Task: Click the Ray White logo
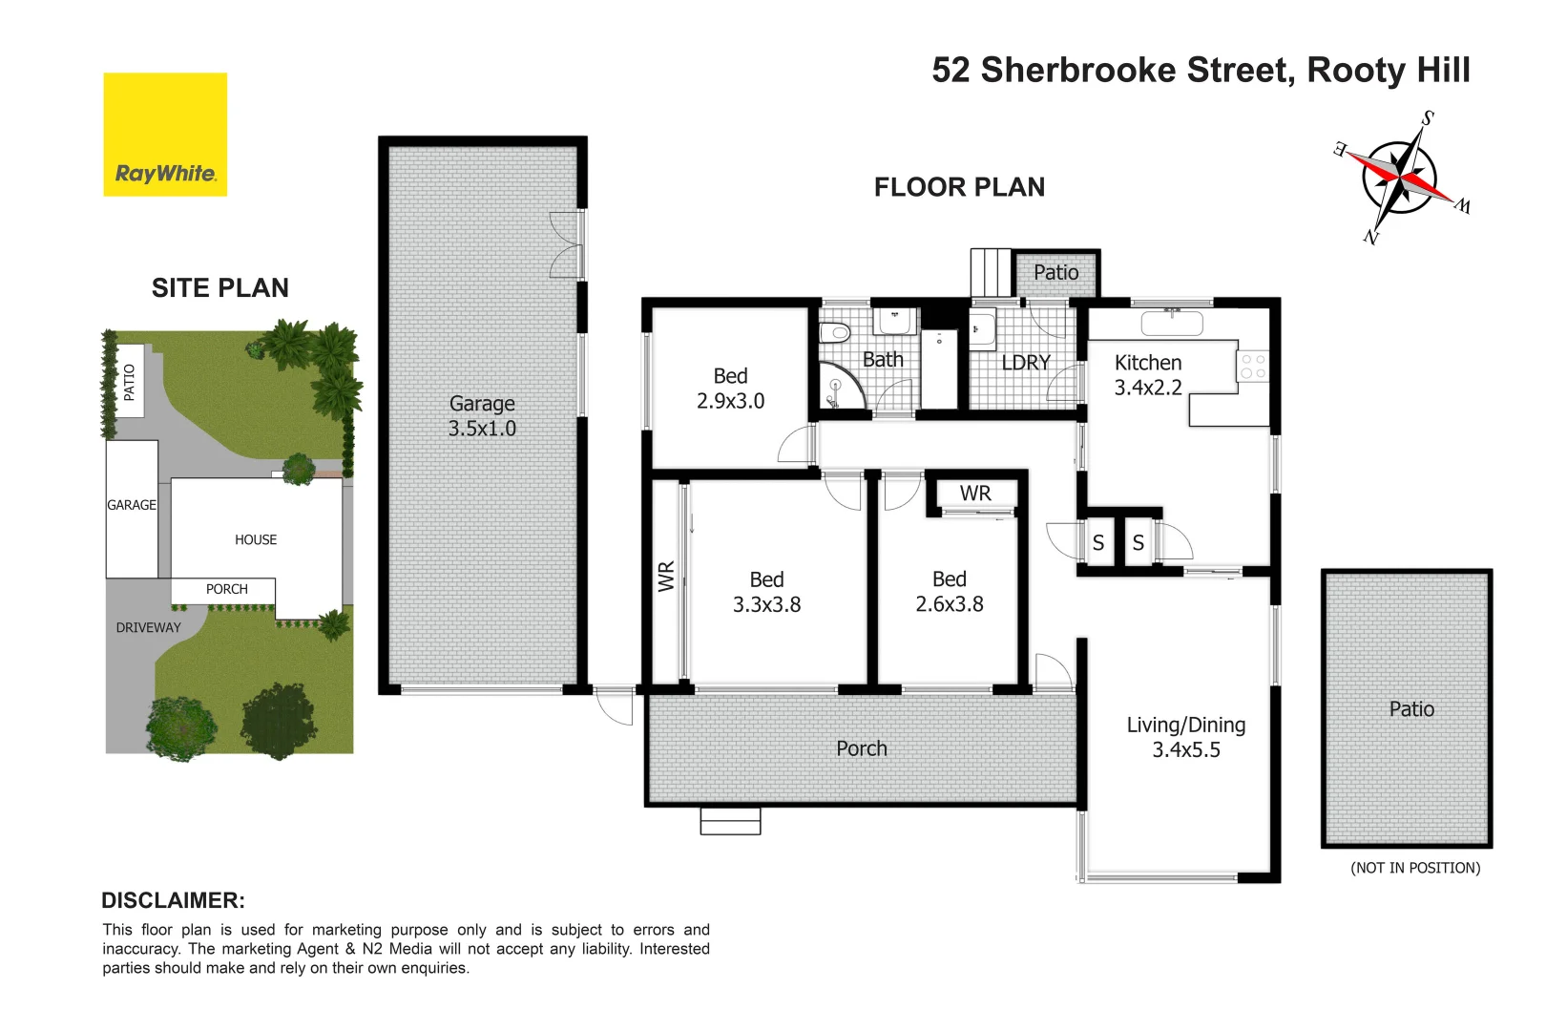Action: point(165,135)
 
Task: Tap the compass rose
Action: point(1399,178)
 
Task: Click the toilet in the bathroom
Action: point(836,333)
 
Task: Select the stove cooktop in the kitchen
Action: point(1253,367)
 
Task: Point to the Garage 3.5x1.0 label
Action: point(482,416)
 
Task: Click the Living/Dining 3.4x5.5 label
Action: point(1185,737)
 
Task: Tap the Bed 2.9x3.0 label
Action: point(730,389)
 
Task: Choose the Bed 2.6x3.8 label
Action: point(949,592)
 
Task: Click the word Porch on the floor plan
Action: point(861,749)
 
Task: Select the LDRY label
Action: point(1025,363)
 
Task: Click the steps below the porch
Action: point(730,821)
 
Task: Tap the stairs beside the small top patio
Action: point(991,273)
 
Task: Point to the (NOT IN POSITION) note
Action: point(1414,868)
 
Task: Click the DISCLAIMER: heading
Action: point(173,900)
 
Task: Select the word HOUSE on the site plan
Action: point(256,540)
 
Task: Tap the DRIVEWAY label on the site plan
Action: point(148,628)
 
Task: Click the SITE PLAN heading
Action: point(219,288)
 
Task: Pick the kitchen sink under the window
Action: point(1172,323)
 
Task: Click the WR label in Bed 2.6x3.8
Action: point(975,494)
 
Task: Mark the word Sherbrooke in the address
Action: point(1077,71)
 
